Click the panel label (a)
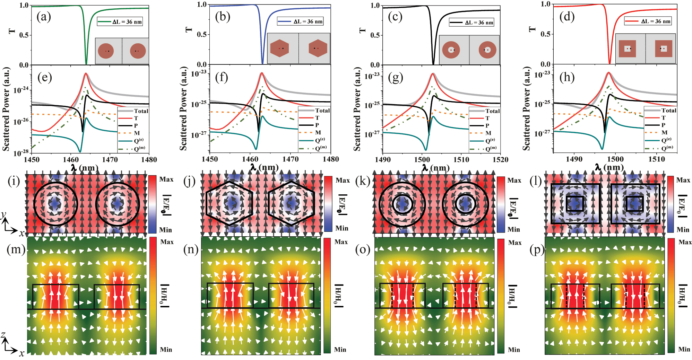tap(44, 17)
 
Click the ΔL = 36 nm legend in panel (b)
tap(301, 21)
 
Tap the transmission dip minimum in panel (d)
tap(609, 63)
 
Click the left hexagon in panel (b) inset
tap(279, 48)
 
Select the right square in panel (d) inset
tap(664, 49)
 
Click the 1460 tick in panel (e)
tap(71, 160)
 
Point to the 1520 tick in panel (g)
tap(500, 160)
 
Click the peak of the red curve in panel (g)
tap(433, 74)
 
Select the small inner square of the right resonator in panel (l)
tap(635, 204)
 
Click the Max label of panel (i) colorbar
tap(166, 179)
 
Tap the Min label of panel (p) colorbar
tap(684, 349)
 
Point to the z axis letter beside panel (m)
tap(3, 335)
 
